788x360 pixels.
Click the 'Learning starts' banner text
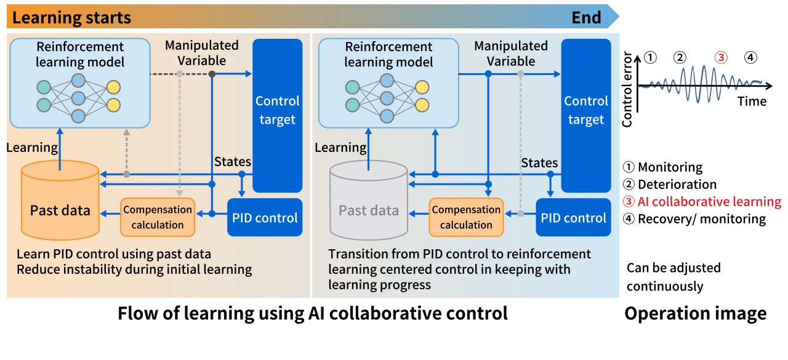(71, 17)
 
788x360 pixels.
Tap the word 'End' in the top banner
(586, 17)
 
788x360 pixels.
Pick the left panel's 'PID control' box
(265, 217)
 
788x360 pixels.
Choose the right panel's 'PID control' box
(573, 217)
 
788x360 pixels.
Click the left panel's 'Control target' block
(277, 111)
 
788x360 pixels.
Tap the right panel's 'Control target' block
(585, 111)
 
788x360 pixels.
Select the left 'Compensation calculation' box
(158, 217)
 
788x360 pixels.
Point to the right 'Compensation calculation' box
(466, 217)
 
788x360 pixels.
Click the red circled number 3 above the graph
(721, 58)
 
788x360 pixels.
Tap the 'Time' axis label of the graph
(752, 101)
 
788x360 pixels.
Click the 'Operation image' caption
(695, 313)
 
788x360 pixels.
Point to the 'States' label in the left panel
(232, 162)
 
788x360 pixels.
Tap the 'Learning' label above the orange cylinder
(32, 147)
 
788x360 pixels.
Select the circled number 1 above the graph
(651, 58)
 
